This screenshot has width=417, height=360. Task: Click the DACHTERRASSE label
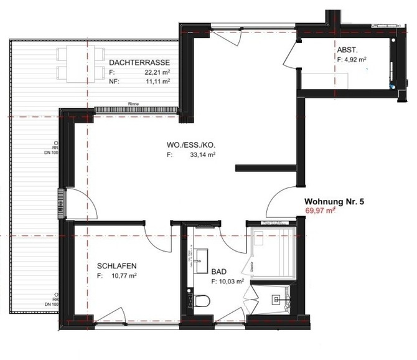[x=139, y=63]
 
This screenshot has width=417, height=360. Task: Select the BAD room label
[x=218, y=272]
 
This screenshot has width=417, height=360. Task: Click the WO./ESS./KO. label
[x=190, y=146]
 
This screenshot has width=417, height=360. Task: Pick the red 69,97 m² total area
[x=320, y=211]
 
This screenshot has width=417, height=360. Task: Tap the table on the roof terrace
[x=80, y=64]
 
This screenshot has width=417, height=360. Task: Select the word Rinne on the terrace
[x=133, y=104]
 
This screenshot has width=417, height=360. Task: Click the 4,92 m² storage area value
[x=355, y=60]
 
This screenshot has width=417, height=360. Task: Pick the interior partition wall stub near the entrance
[x=266, y=167]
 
